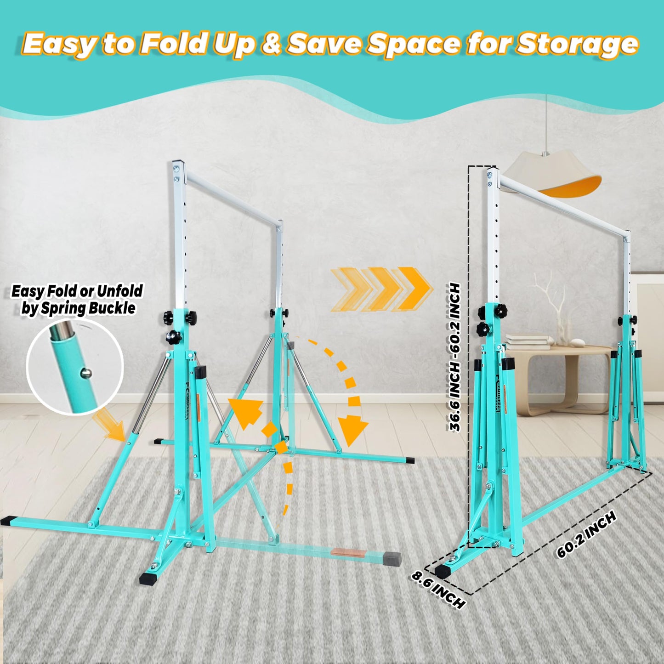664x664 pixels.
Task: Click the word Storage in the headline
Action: tap(577, 44)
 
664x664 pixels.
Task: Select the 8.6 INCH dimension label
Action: tap(438, 589)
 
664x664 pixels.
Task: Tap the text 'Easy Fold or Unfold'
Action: tap(77, 291)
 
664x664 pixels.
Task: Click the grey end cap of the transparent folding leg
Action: tap(392, 559)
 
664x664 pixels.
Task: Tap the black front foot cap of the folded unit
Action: tap(444, 571)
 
